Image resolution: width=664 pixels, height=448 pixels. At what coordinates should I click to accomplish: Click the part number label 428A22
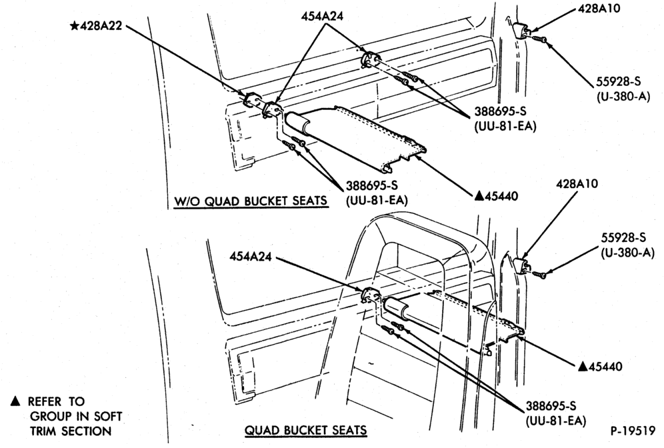point(101,26)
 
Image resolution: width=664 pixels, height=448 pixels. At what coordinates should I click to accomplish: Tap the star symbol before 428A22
point(74,26)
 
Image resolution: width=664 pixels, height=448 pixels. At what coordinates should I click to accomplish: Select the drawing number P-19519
point(633,431)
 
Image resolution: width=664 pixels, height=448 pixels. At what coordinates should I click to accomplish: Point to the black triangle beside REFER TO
point(15,401)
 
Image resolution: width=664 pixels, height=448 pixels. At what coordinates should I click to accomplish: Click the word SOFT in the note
point(106,416)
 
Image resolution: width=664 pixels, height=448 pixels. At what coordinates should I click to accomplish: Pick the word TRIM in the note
point(43,431)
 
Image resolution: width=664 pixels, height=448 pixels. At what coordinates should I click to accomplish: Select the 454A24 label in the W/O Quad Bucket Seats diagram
point(322,16)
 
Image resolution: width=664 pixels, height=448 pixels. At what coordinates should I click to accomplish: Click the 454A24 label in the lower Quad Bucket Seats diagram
point(250,256)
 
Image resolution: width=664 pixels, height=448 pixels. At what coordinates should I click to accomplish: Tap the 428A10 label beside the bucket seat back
point(577,184)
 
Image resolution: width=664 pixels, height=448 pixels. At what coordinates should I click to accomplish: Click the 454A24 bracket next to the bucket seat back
point(369,295)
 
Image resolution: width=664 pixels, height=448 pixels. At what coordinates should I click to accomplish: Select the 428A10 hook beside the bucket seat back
point(522,265)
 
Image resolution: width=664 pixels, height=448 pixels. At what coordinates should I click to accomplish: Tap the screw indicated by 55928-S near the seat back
point(539,275)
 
